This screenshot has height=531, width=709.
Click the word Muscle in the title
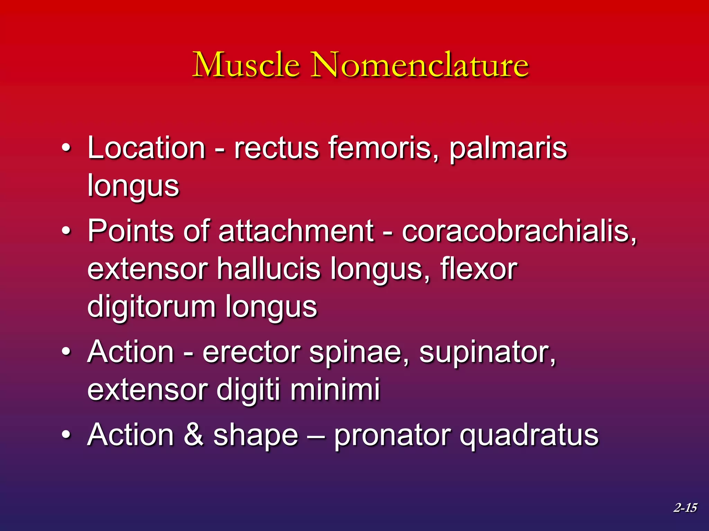point(246,65)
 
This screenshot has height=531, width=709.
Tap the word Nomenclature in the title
point(420,65)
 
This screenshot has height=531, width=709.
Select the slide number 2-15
point(685,507)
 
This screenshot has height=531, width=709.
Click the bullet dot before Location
point(66,149)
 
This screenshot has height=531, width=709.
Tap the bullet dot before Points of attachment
point(66,231)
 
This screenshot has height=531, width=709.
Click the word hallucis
point(269,269)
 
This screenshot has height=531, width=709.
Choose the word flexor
point(479,269)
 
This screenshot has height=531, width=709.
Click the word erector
point(251,352)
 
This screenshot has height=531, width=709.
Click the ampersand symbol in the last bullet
point(193,435)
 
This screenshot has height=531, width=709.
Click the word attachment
point(296,231)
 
